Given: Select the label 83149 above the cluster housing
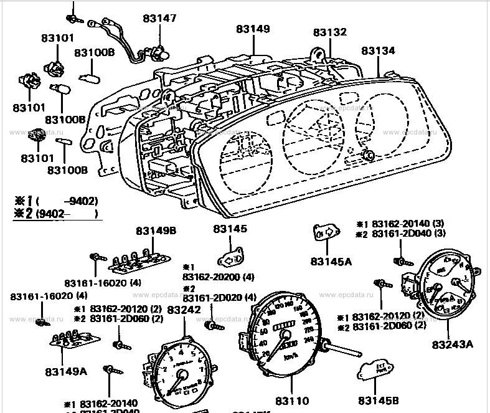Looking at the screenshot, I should click(x=253, y=29).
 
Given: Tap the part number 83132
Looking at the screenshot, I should click(x=330, y=32).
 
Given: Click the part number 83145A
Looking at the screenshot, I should click(x=331, y=262).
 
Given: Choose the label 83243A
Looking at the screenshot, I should click(x=452, y=344).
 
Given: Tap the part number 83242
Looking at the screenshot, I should click(x=184, y=309).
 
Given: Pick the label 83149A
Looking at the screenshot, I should click(x=65, y=371).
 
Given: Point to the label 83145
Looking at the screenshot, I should click(x=230, y=229).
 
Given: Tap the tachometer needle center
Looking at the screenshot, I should click(x=183, y=374).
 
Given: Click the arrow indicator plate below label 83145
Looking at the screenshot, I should click(x=233, y=258).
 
